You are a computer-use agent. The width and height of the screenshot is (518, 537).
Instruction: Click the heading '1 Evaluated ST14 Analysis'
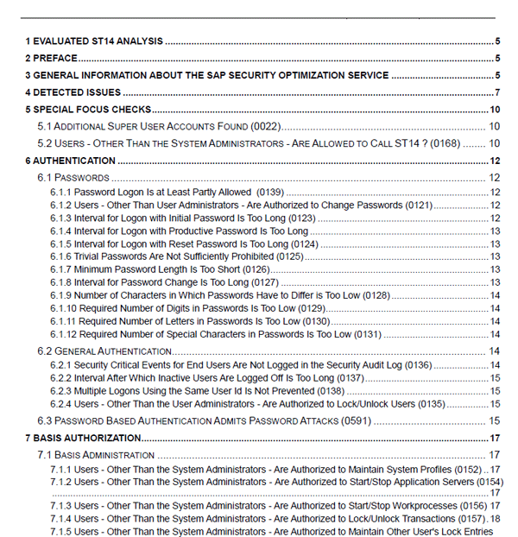pos(94,41)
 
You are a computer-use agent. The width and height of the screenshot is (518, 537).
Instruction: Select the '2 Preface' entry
pos(52,58)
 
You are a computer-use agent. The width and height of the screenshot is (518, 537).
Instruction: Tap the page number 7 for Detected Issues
pos(497,92)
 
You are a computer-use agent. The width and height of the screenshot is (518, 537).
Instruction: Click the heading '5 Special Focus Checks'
pos(88,110)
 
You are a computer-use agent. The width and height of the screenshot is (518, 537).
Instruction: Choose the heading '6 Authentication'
pos(70,161)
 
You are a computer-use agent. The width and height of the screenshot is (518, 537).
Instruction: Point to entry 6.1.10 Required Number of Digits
pos(173,308)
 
